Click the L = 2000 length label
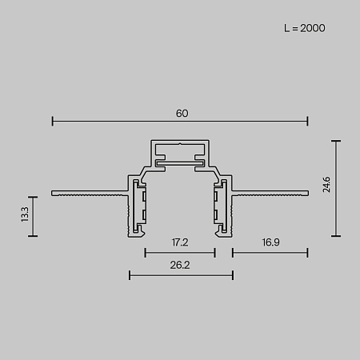click(x=304, y=28)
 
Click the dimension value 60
click(x=182, y=113)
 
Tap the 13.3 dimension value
click(x=25, y=214)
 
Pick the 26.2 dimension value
click(x=181, y=265)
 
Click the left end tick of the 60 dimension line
click(x=53, y=122)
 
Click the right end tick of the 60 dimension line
click(x=308, y=122)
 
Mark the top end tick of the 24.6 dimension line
click(x=336, y=141)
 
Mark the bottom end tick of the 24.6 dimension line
click(x=336, y=236)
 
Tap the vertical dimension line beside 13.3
click(x=34, y=216)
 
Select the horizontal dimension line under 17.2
click(x=180, y=253)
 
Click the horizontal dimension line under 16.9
click(x=270, y=253)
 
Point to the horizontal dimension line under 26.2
click(x=181, y=277)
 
